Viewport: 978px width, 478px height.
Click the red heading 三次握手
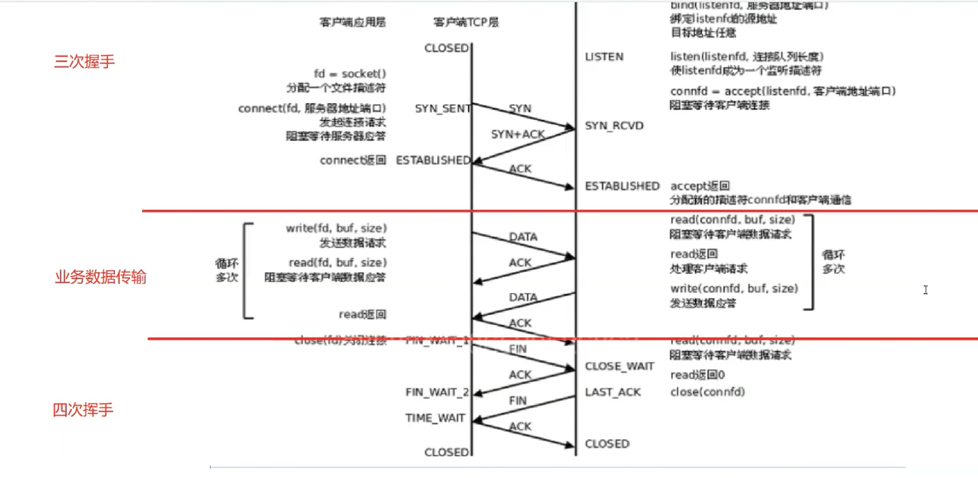click(84, 62)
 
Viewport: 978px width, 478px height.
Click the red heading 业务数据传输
click(101, 277)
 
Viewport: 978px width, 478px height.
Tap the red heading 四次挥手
click(83, 410)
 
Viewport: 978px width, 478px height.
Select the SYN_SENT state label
click(442, 108)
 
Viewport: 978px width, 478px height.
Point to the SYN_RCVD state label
click(614, 126)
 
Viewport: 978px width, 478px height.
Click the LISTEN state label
click(604, 57)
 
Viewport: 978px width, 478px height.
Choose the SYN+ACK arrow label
click(517, 134)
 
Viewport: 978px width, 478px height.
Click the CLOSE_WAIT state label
click(619, 367)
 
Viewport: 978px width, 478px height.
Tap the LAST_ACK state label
click(613, 392)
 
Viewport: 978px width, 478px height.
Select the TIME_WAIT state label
click(435, 418)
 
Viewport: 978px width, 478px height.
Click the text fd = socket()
click(350, 74)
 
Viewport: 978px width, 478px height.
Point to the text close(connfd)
click(707, 392)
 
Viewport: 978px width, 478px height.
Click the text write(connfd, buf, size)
click(734, 289)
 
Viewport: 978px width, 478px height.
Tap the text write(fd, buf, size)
click(336, 228)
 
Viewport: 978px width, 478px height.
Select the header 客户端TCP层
click(466, 22)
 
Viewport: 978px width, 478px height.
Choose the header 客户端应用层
click(353, 22)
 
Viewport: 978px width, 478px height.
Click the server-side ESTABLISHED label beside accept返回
click(622, 186)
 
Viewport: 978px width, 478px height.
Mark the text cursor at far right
click(926, 290)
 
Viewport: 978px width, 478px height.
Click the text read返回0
click(697, 375)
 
